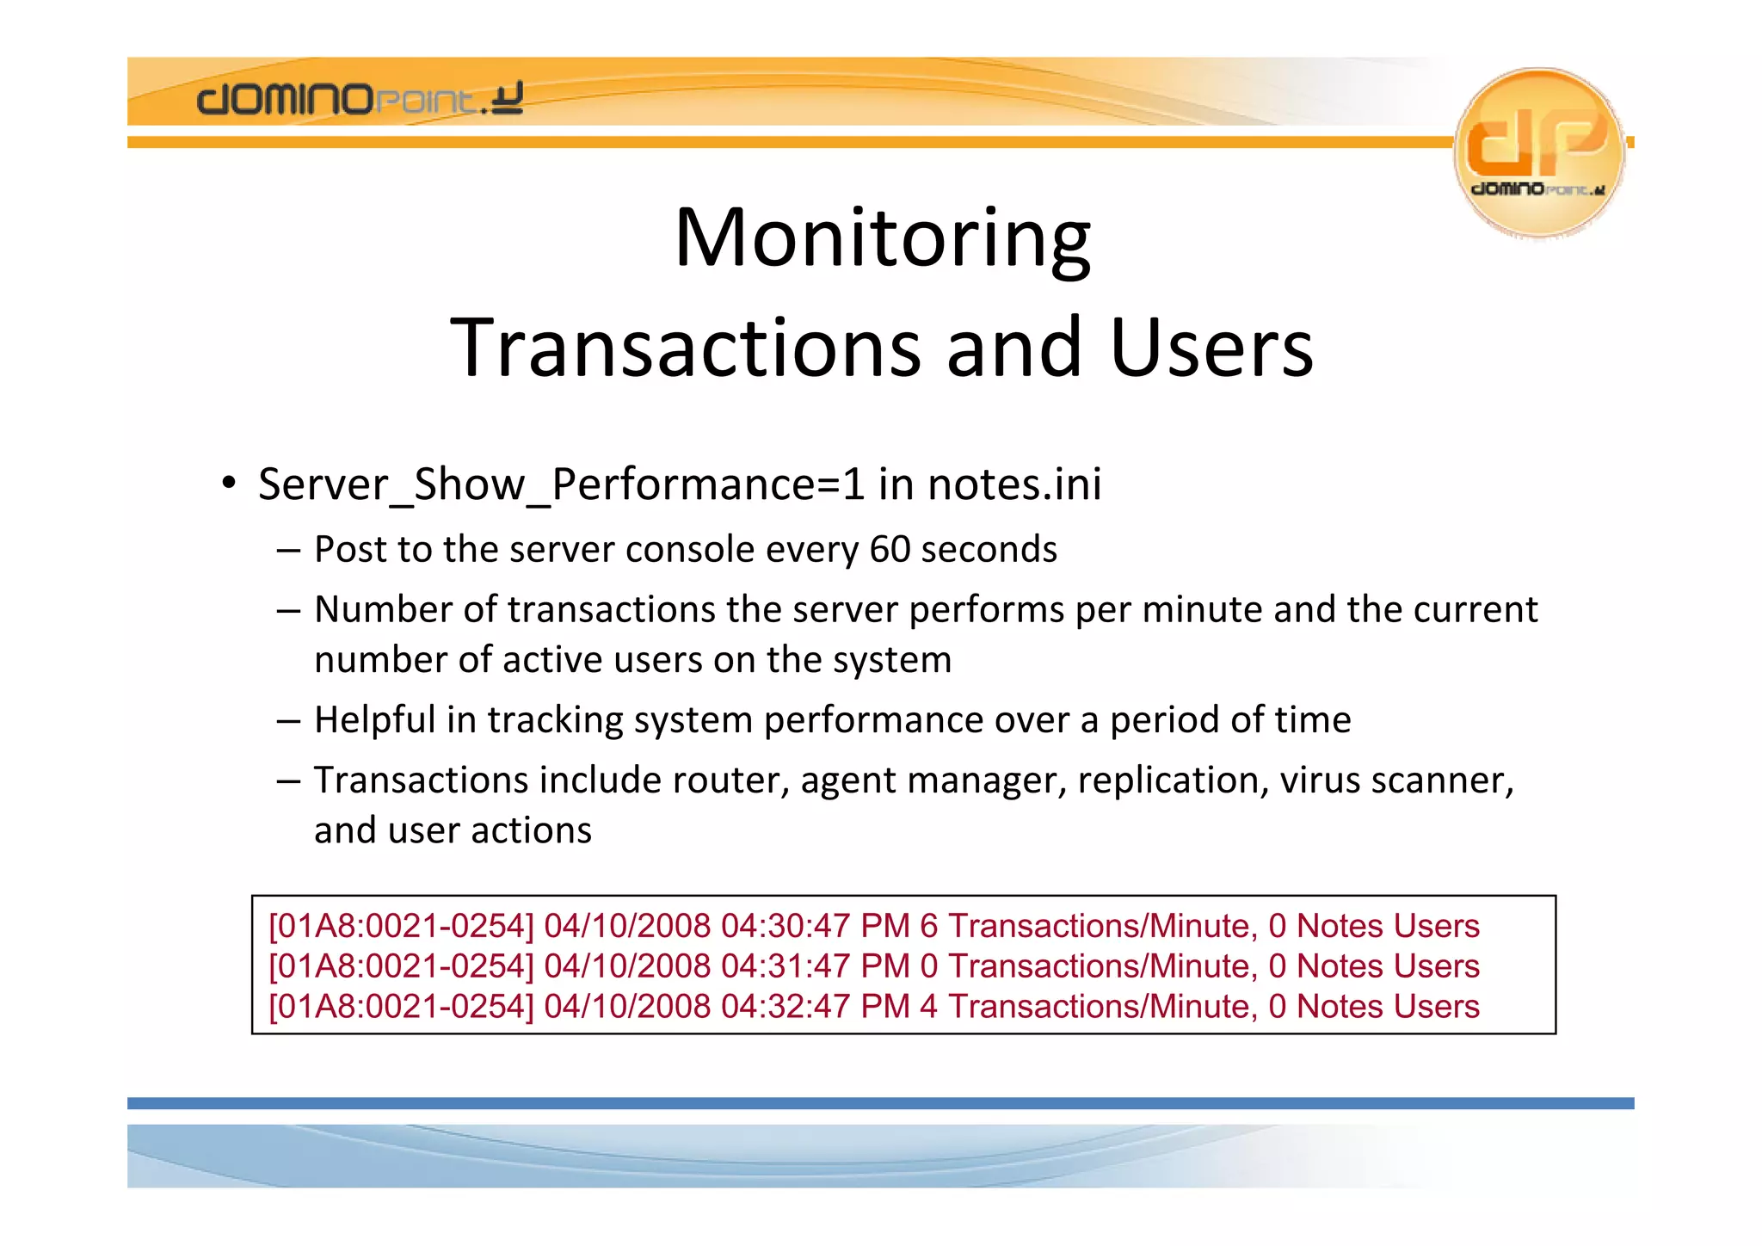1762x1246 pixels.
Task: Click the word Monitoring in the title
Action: coord(882,238)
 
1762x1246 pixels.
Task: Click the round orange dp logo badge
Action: coord(1538,152)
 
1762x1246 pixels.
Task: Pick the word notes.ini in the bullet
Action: coord(1014,484)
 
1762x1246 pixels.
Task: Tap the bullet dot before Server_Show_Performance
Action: coord(228,482)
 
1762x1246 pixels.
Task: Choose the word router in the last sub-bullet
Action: coord(730,780)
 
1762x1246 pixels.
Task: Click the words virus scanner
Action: coord(1395,780)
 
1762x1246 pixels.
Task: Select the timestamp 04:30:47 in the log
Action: coord(786,926)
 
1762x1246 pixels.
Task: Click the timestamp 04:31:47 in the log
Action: coord(786,966)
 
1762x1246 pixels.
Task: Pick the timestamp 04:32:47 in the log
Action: coord(786,1007)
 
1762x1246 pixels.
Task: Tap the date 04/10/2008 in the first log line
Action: coord(627,926)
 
